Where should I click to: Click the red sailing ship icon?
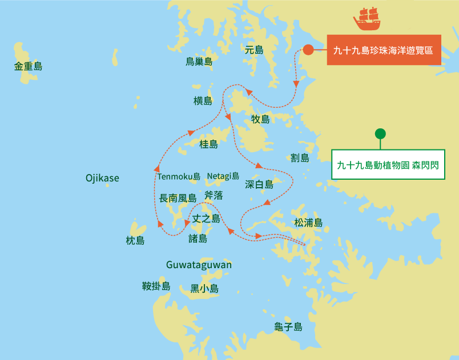point(367,19)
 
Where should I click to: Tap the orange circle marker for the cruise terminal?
point(308,50)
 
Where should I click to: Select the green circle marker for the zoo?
point(380,134)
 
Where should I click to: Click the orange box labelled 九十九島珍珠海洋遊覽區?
point(384,50)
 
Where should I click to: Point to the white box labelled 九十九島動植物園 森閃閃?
point(388,165)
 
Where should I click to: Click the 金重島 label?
point(29,66)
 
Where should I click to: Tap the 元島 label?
point(254,50)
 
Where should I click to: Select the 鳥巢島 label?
point(199,61)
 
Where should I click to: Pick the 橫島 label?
point(203,101)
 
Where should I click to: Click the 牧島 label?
point(260,119)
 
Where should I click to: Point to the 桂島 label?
point(208,144)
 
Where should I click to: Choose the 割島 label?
point(300,157)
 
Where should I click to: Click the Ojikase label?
point(102,178)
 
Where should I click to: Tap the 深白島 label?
point(259,184)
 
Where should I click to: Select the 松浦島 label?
point(308,223)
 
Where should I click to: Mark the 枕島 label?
point(135,240)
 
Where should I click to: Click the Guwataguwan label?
point(199,265)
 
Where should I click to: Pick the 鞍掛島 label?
point(156,286)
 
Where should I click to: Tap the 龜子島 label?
point(288,327)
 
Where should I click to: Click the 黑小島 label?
point(204,289)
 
